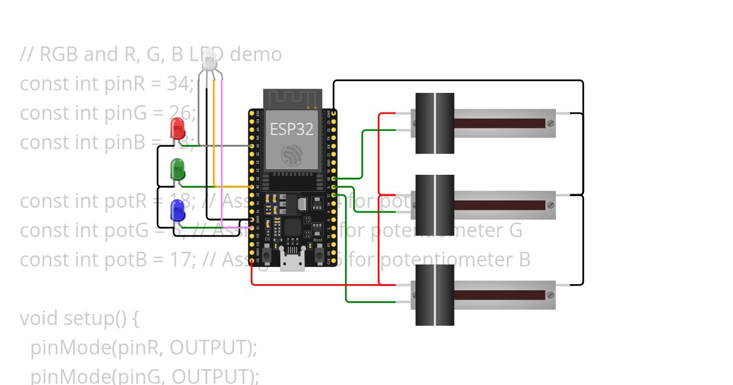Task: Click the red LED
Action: coord(177,128)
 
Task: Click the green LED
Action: coord(178,169)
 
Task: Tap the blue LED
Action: coord(178,210)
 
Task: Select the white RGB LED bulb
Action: coord(210,61)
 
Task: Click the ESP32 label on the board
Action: coord(291,130)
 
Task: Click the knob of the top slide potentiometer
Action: coord(435,123)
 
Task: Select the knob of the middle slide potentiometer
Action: coord(435,205)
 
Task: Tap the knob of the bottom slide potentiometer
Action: coord(435,295)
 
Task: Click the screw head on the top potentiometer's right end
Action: coord(550,123)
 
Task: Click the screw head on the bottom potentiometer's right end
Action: coord(550,295)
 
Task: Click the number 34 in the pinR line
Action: coord(178,84)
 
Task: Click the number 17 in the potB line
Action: coord(177,260)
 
